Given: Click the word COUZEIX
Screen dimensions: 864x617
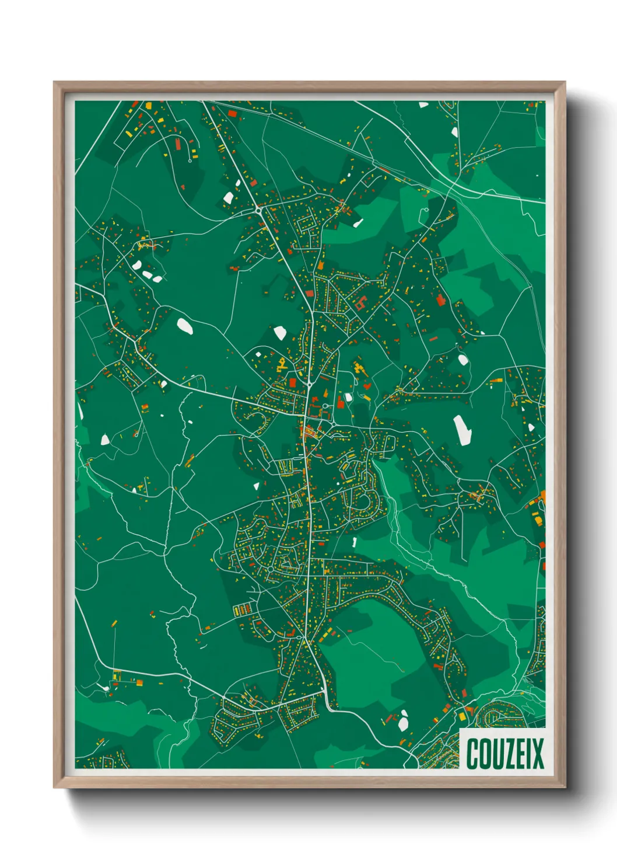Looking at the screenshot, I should (504, 754).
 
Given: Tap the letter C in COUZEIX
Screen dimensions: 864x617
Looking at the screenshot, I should (472, 754).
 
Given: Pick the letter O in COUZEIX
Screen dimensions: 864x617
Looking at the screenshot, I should (483, 754).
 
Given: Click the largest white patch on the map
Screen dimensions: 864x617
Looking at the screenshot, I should (462, 430).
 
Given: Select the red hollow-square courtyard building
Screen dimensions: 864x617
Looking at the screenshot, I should (359, 303).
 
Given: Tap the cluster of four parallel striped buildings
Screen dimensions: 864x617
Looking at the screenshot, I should (241, 610).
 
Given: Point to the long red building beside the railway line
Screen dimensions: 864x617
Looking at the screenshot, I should (232, 113).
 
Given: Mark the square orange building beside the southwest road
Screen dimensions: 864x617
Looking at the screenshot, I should (139, 682).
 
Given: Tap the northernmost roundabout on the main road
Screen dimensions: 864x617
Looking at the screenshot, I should (258, 208).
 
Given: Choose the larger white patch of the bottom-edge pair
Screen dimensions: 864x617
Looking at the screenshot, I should (403, 724).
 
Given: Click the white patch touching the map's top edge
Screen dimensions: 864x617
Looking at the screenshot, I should (423, 104).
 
